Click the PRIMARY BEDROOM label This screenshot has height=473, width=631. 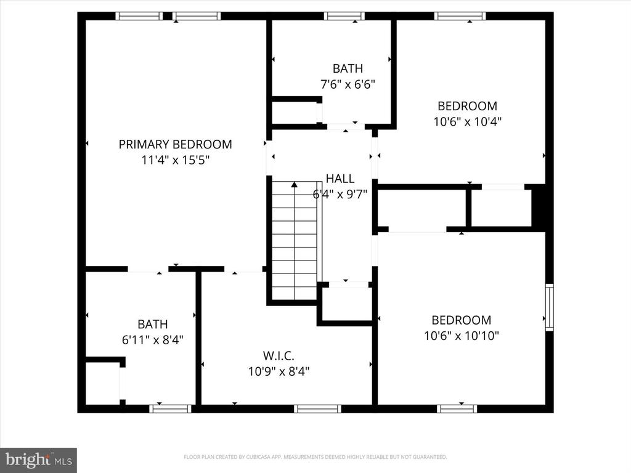pos(175,145)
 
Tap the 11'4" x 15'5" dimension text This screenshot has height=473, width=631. pos(175,160)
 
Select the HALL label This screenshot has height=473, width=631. pos(340,179)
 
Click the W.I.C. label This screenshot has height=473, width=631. pos(279,355)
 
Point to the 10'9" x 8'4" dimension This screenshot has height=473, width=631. pos(279,371)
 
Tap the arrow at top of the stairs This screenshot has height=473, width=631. pos(295,184)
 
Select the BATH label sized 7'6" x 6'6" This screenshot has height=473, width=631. pos(348,68)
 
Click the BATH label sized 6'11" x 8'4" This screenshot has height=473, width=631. pos(152,324)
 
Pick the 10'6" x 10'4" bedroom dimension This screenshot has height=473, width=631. pos(467,121)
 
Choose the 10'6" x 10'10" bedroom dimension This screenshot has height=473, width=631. pos(461,336)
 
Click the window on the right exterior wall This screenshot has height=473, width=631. pos(549,307)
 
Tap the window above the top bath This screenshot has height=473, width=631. pos(344,16)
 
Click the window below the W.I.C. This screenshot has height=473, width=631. pos(317,408)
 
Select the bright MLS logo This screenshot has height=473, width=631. pos(38,459)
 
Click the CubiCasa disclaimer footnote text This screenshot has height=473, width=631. pos(315,457)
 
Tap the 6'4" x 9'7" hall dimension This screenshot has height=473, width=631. pos(340,195)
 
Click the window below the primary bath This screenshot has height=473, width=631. pos(171,408)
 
